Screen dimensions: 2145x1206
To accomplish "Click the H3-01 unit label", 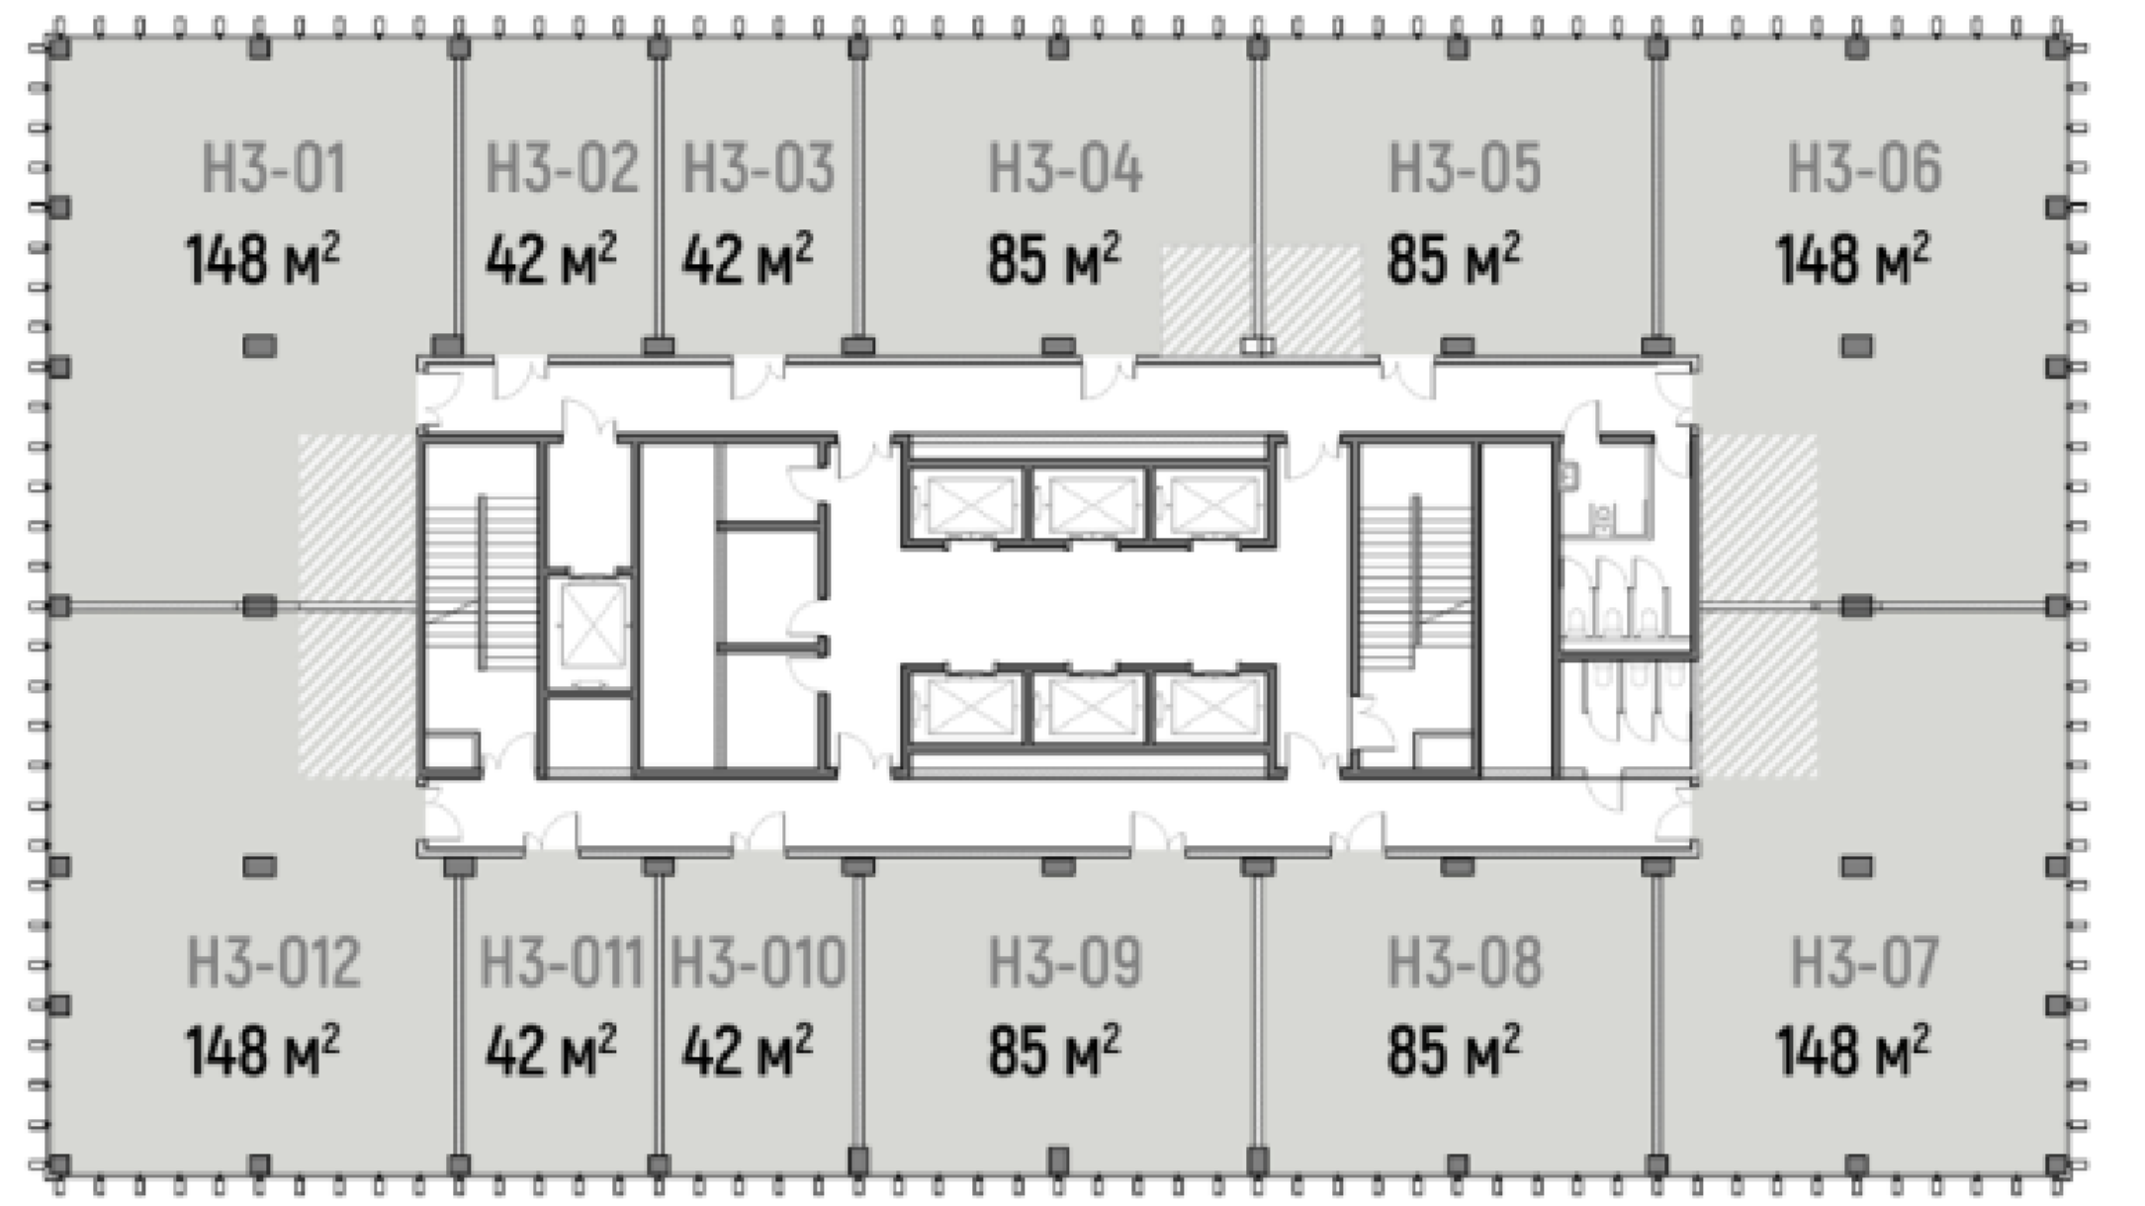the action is tap(274, 168).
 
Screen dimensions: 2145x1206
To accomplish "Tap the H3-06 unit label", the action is tap(1864, 168).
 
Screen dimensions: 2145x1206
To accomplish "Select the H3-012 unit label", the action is tap(274, 962).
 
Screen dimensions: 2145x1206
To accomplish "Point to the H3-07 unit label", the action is tap(1864, 962).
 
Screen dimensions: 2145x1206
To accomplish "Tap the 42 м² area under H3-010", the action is tap(748, 1050).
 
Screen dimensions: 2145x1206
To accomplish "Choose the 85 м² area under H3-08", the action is tap(1454, 1050).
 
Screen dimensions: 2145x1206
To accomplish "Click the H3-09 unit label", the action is tap(1065, 962).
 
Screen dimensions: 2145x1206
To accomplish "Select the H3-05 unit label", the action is tap(1465, 168).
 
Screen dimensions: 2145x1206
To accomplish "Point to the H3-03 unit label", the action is tap(759, 168).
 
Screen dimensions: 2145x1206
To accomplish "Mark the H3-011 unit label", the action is tap(561, 962).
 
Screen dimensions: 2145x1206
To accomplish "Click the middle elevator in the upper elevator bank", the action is tap(1090, 503).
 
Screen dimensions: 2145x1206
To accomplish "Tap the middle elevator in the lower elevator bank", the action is tap(1090, 707).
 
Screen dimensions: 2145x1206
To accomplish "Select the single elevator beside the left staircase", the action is tap(592, 626).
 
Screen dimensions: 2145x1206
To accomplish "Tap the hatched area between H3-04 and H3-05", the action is tap(1261, 301).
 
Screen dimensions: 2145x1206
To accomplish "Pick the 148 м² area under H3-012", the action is tap(263, 1050).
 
